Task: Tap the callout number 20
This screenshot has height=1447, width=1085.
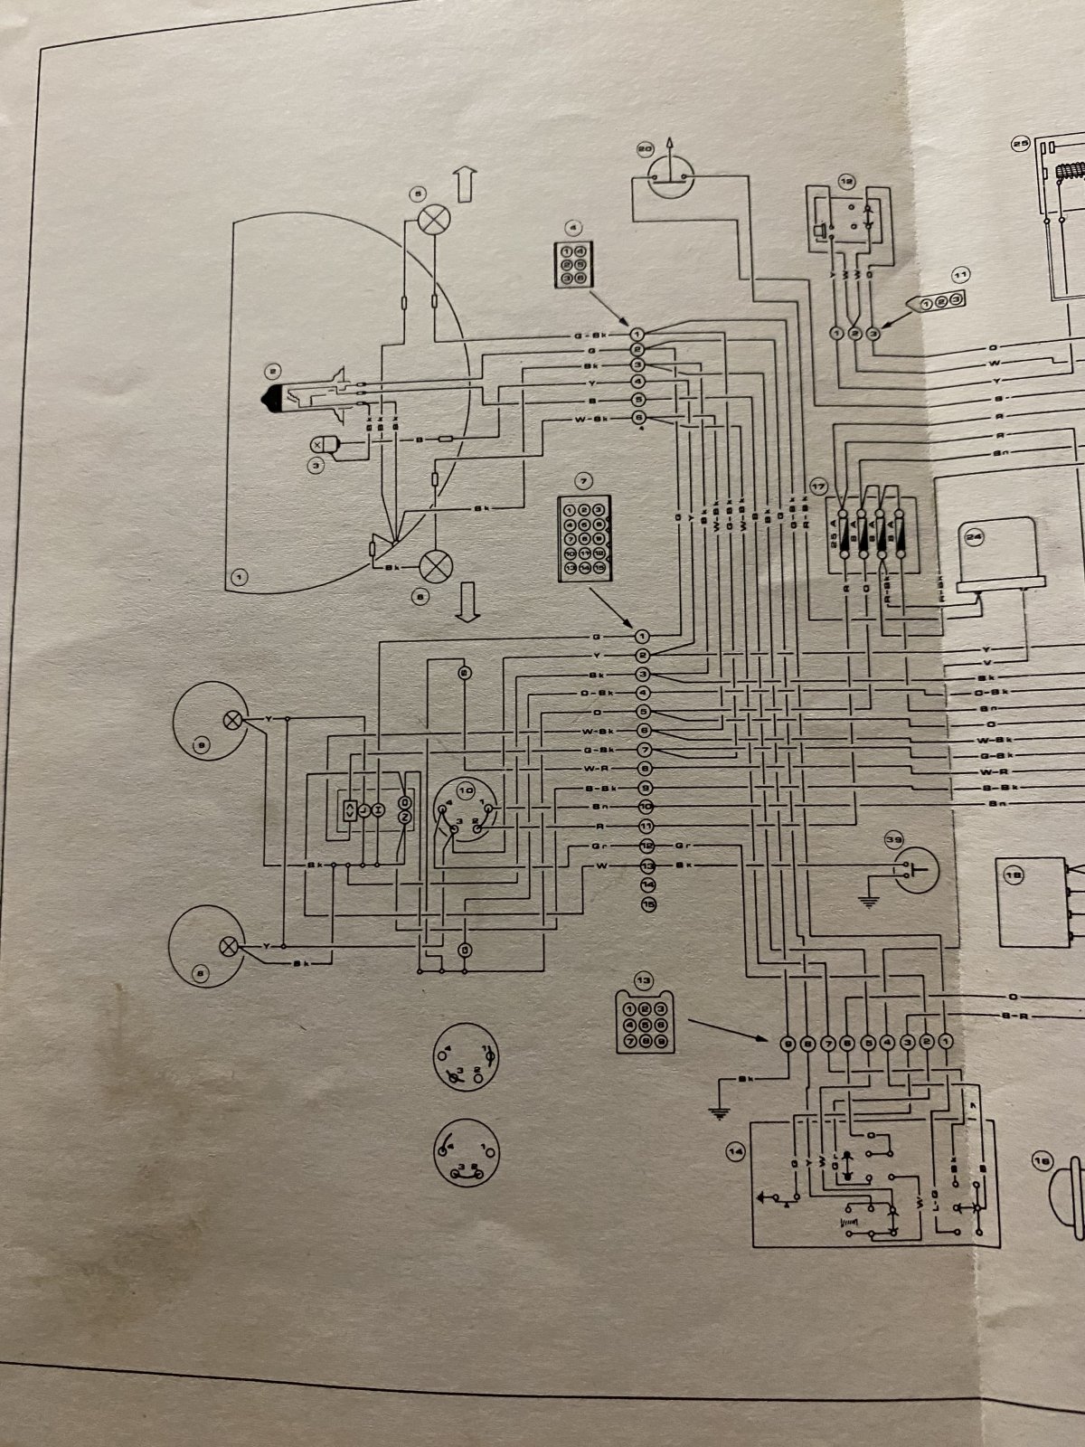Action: (646, 147)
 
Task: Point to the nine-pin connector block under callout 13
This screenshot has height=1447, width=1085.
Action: (643, 1022)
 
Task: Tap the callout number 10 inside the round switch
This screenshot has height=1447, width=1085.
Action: (467, 789)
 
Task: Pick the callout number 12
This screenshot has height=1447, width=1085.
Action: (846, 180)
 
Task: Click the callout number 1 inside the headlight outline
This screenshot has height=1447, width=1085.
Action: (240, 574)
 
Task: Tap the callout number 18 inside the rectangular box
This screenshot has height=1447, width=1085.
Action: (1014, 875)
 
